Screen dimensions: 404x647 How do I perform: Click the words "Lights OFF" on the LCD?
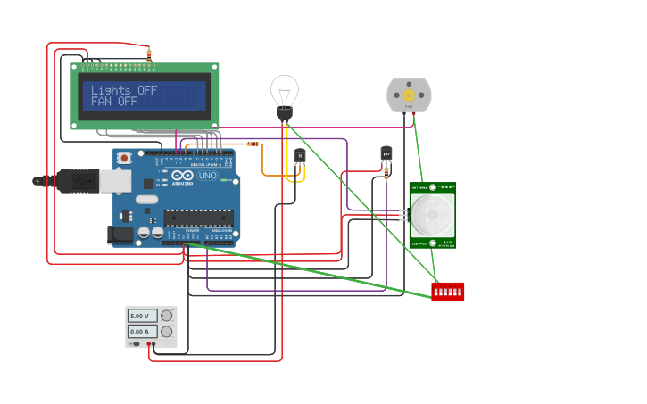[123, 90]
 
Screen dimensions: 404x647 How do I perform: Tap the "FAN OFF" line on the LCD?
[114, 102]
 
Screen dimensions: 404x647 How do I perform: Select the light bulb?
[285, 93]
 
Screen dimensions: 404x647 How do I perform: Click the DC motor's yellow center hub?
[409, 95]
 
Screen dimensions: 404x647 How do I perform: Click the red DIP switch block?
[447, 292]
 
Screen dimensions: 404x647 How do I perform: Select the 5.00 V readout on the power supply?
[143, 316]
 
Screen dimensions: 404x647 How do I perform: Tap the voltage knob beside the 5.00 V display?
[166, 316]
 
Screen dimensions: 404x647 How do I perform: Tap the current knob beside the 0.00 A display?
[166, 331]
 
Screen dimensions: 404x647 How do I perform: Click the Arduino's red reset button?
[124, 158]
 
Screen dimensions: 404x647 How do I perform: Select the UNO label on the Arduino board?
[207, 176]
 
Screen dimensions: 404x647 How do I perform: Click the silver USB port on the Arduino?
[114, 181]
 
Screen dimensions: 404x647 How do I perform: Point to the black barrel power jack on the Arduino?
[120, 235]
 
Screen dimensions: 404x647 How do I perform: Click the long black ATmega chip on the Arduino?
[198, 217]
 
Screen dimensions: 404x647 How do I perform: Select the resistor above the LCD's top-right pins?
[149, 55]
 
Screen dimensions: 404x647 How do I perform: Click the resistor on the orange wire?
[252, 144]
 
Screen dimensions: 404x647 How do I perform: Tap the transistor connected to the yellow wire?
[300, 156]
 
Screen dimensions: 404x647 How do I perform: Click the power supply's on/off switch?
[134, 343]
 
